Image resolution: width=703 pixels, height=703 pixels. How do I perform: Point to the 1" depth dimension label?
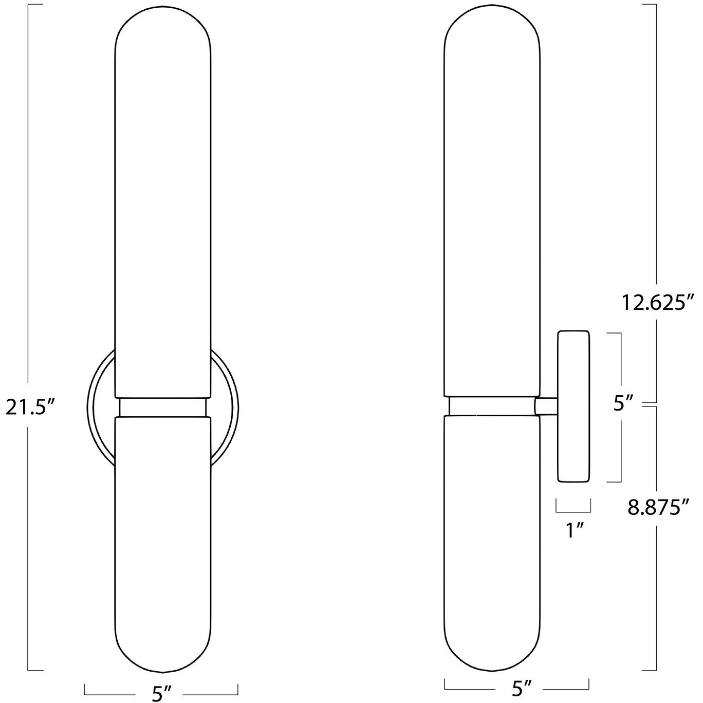[x=573, y=529]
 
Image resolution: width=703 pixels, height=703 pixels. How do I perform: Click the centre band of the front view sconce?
[x=162, y=407]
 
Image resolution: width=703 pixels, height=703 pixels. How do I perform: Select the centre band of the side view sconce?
[x=492, y=406]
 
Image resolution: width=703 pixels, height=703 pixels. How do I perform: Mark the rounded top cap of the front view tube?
[x=162, y=31]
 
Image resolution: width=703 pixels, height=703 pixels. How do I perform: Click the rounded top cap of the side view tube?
[x=492, y=31]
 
